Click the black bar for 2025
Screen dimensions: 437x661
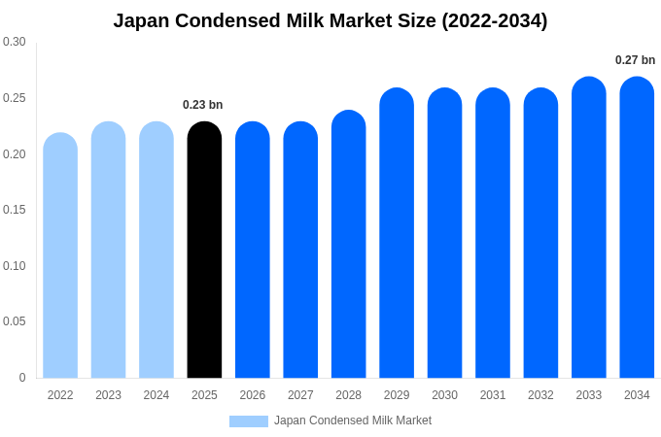[x=204, y=252]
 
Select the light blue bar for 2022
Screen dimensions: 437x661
[x=60, y=257]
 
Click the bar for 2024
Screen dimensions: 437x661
[x=157, y=252]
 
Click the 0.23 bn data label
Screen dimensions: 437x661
[x=203, y=105]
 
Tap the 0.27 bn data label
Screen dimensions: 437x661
[x=636, y=60]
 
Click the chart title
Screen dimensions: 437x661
[x=330, y=20]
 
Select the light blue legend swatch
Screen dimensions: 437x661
[x=249, y=421]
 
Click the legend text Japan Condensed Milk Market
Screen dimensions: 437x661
[x=353, y=420]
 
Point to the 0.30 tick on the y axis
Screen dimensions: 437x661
[x=15, y=42]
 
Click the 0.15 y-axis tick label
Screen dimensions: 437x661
[x=15, y=210]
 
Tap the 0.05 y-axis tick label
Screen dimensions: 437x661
[x=15, y=321]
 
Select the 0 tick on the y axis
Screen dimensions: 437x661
[x=22, y=378]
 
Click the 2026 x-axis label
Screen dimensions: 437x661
[x=253, y=395]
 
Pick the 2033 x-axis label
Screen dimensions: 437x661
[x=589, y=395]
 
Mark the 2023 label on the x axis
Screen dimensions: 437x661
[x=109, y=395]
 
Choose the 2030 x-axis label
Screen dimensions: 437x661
[x=445, y=395]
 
